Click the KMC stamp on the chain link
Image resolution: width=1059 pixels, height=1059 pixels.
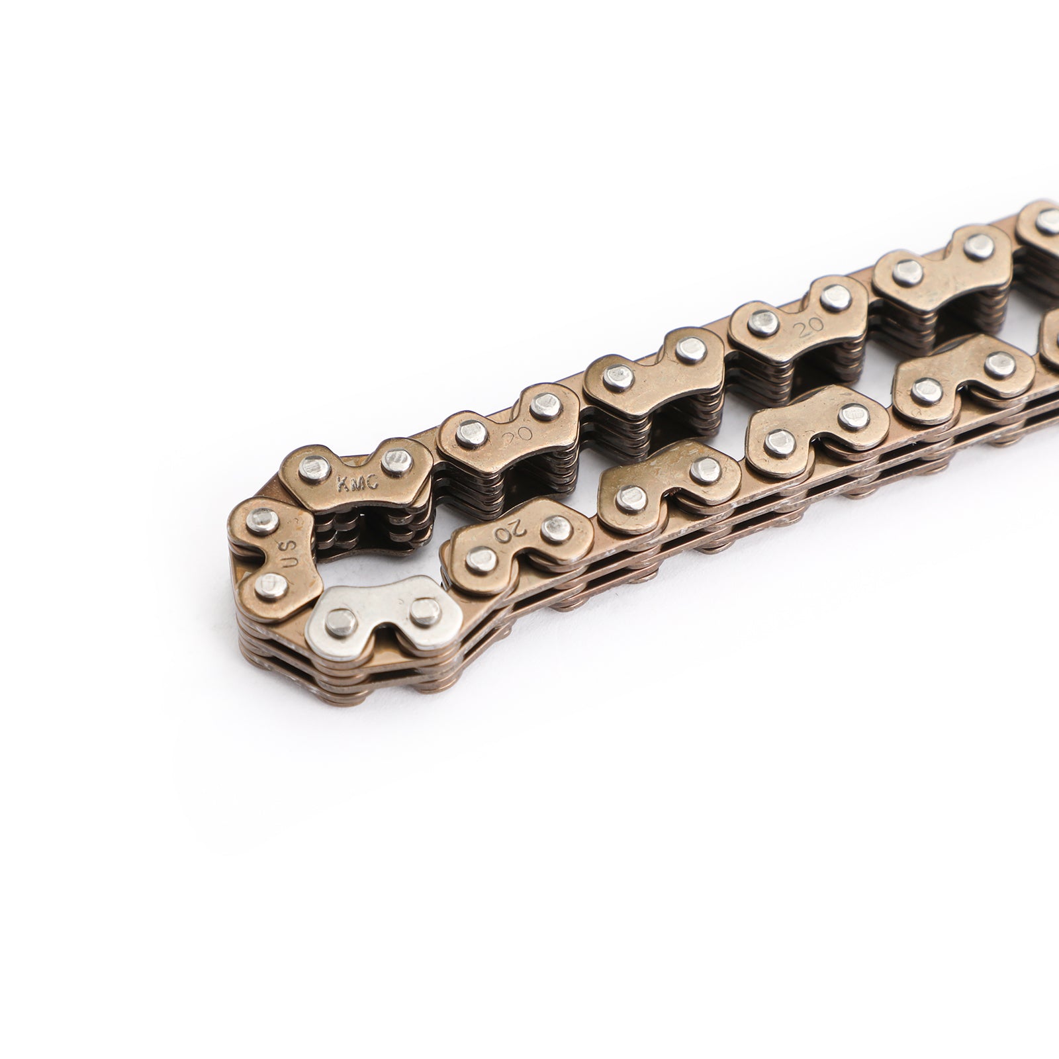click(358, 483)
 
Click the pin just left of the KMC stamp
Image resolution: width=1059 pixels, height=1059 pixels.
click(314, 469)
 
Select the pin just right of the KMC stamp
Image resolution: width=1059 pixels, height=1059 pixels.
click(397, 459)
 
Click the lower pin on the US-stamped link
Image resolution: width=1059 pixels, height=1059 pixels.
click(270, 584)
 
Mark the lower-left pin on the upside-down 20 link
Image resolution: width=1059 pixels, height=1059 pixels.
click(482, 560)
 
